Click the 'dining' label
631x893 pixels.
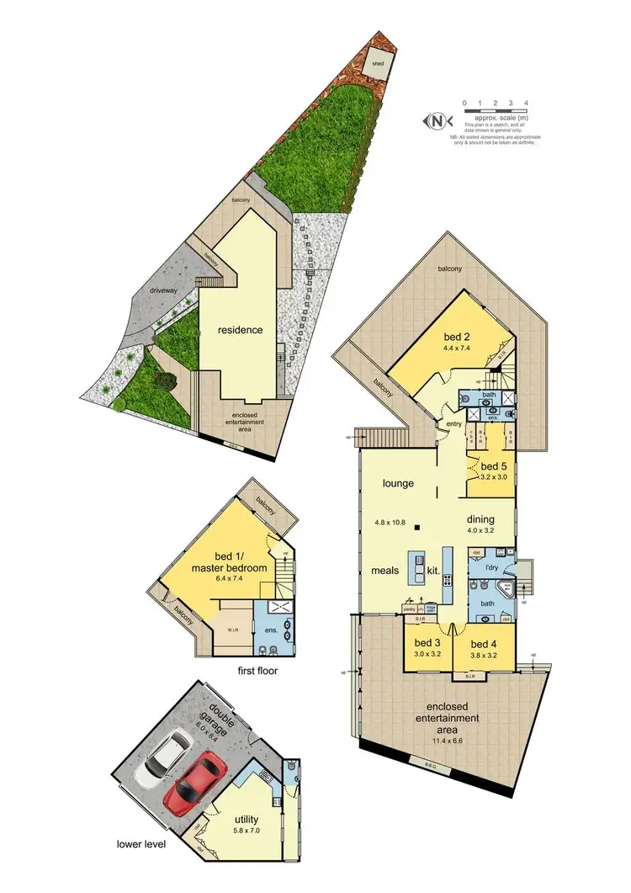coord(480,519)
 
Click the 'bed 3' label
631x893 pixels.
coord(427,644)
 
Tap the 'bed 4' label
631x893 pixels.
coord(485,644)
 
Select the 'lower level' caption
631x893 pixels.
coord(141,843)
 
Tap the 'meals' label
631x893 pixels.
coord(385,571)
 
